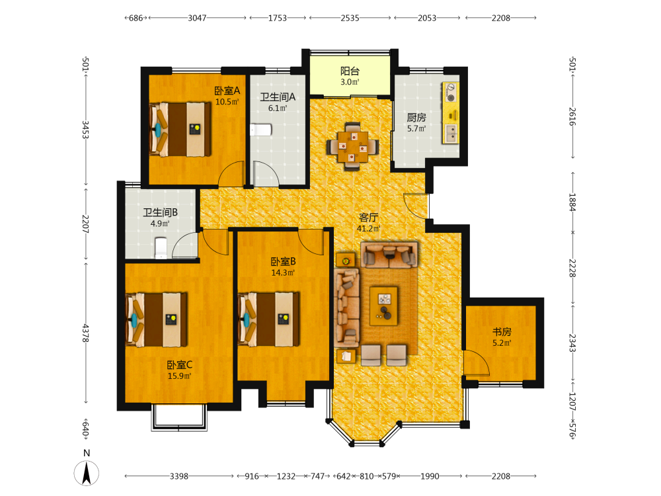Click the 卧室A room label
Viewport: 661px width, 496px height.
coord(227,91)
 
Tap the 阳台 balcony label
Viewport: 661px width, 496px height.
coord(350,71)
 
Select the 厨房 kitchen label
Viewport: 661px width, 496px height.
coord(416,117)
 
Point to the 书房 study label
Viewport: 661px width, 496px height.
coord(502,332)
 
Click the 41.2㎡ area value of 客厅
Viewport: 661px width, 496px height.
coord(368,229)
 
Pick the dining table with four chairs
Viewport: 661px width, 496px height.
coord(352,146)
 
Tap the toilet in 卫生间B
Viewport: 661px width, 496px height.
coord(161,248)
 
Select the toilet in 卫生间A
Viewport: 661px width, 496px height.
coord(260,130)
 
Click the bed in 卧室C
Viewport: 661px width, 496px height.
coord(157,319)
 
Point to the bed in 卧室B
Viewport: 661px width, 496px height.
coord(269,319)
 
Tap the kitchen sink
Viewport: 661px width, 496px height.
coord(451,132)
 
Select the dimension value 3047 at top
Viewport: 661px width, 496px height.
coord(197,18)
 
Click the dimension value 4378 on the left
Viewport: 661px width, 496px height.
coord(85,333)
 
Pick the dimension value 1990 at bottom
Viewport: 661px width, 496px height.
coord(430,476)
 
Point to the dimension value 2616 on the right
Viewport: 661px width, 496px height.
coord(572,116)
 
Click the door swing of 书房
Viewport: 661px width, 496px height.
coord(477,362)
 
